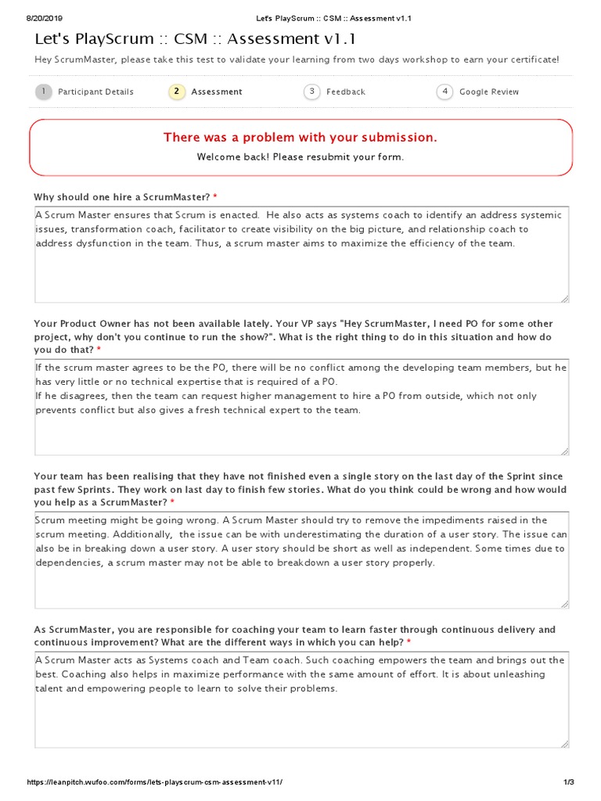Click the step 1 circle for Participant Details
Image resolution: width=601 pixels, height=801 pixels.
(x=44, y=92)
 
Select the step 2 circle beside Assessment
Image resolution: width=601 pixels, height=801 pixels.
(x=177, y=92)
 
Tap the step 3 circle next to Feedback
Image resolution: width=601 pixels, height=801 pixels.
(x=312, y=92)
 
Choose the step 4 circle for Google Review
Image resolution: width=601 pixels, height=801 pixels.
(x=444, y=92)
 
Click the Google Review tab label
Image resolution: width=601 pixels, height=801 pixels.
(x=488, y=92)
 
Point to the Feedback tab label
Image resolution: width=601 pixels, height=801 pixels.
(x=345, y=92)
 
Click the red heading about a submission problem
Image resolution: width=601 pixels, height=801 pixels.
(x=300, y=138)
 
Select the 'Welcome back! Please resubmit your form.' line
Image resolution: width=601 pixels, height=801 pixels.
(x=300, y=156)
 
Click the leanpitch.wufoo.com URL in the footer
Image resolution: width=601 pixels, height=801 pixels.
(x=155, y=782)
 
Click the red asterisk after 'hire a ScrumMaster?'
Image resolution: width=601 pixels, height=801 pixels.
(x=215, y=196)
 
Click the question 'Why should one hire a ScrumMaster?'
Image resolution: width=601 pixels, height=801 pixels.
(x=122, y=196)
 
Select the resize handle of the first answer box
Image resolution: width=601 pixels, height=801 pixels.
(x=564, y=298)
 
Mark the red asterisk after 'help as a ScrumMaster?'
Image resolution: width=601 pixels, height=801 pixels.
(x=172, y=502)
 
